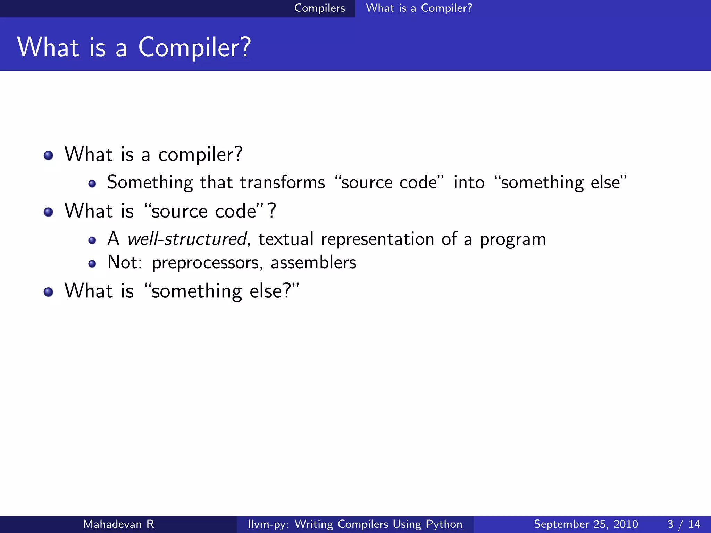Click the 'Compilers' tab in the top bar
coord(319,8)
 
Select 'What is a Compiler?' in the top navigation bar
coord(419,8)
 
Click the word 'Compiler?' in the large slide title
coord(194,48)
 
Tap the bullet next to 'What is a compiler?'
coord(49,155)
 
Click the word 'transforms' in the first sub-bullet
coord(283,183)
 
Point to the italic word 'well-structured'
coord(187,239)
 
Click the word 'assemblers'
coord(313,262)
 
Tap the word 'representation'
coord(377,239)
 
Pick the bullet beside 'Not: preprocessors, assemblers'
coord(92,264)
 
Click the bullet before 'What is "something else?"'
coord(49,292)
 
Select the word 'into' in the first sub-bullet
coord(469,183)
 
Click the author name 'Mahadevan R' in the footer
coord(118,524)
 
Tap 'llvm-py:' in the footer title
coord(268,524)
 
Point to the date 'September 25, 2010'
coord(586,524)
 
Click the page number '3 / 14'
coord(683,524)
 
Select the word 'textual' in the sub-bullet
coord(286,239)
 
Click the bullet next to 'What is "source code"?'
coord(49,212)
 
